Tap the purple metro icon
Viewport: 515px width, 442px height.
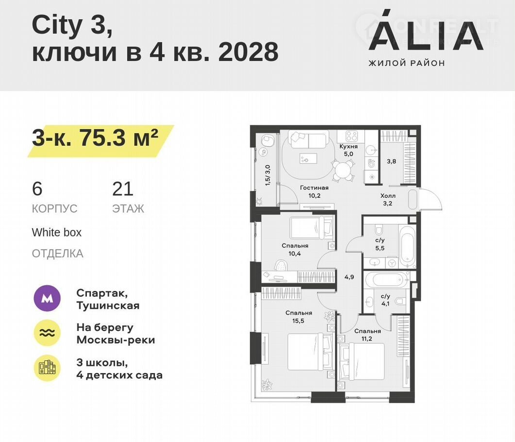click(47, 298)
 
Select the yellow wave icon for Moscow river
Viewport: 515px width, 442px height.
click(47, 333)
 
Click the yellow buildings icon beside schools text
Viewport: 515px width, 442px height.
click(47, 368)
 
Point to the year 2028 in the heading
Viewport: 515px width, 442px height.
click(249, 52)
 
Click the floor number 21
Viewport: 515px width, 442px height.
click(123, 189)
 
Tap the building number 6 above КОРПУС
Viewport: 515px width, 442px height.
click(37, 189)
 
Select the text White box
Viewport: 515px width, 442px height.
click(56, 232)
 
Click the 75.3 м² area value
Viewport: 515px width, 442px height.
click(118, 138)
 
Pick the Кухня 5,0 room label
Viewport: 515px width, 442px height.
click(349, 150)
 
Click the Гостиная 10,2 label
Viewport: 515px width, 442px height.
click(315, 191)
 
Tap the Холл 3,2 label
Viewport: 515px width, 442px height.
click(388, 200)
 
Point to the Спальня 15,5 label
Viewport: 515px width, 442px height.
click(299, 317)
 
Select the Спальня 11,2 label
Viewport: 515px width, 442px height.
click(367, 335)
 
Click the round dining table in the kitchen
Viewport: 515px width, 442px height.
click(343, 170)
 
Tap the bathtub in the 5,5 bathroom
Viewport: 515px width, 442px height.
click(408, 245)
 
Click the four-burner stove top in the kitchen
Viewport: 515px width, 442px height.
click(351, 136)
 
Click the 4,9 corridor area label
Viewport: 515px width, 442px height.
click(349, 277)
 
